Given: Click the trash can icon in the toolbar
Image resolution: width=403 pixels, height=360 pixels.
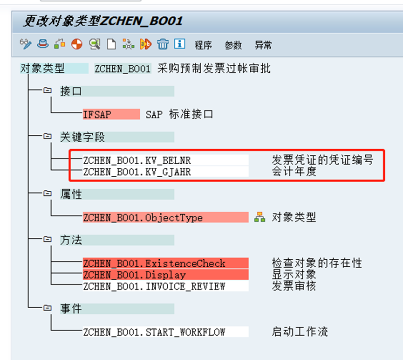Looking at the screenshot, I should tap(163, 44).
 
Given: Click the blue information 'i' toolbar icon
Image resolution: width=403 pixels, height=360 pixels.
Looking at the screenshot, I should tap(180, 44).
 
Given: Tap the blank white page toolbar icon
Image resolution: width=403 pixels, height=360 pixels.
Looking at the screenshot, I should tap(111, 44).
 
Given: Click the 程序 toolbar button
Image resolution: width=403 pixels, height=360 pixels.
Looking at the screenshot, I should tap(203, 45).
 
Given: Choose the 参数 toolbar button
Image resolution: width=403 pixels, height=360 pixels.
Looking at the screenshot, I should tap(233, 45).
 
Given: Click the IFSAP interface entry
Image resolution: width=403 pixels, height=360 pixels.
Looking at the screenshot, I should tap(97, 114).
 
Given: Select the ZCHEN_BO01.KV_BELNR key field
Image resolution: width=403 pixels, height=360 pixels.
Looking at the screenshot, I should tap(137, 160).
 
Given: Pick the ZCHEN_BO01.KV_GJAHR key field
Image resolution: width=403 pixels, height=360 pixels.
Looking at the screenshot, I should tap(137, 172).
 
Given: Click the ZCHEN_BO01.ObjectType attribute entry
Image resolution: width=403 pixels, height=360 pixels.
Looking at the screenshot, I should tap(143, 218).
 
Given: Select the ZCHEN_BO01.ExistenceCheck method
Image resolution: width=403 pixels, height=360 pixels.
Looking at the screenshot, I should tap(154, 263).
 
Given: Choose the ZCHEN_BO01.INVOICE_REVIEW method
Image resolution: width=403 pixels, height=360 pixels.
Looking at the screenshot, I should tap(154, 286).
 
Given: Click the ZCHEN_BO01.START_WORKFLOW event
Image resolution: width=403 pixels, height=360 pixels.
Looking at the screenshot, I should tap(154, 332).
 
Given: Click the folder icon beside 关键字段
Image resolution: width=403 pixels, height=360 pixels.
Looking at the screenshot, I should tap(47, 137).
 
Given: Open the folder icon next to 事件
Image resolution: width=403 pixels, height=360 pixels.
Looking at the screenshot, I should tap(47, 308).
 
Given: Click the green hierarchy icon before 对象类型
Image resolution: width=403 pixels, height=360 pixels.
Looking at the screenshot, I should tap(260, 217).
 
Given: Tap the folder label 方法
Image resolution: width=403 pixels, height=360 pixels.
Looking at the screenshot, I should tap(71, 240).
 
